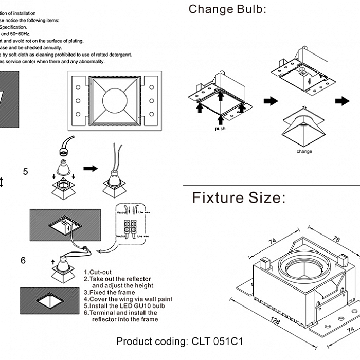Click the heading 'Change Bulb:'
click(227, 9)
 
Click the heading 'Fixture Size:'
click(239, 198)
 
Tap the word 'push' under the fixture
click(220, 129)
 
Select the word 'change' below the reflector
click(304, 152)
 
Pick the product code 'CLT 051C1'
click(218, 341)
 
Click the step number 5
click(26, 172)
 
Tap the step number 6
click(23, 261)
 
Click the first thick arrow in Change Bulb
click(270, 101)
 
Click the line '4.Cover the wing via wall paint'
click(128, 299)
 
